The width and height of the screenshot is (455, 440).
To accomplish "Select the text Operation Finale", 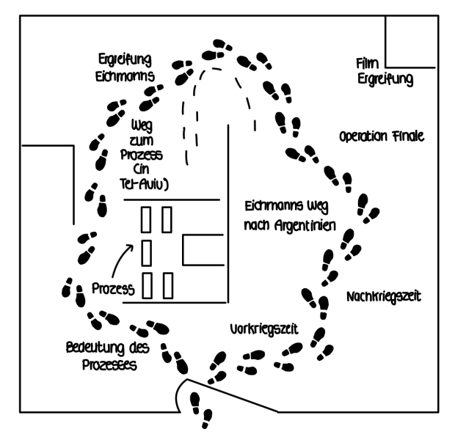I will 382,136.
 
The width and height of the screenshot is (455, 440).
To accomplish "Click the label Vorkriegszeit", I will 262,329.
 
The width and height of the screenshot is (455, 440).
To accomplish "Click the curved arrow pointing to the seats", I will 125,257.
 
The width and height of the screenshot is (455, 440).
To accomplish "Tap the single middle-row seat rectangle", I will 146,252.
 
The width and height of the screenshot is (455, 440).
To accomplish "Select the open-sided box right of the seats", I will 203,249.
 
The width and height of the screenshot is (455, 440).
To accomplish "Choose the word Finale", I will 406,136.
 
